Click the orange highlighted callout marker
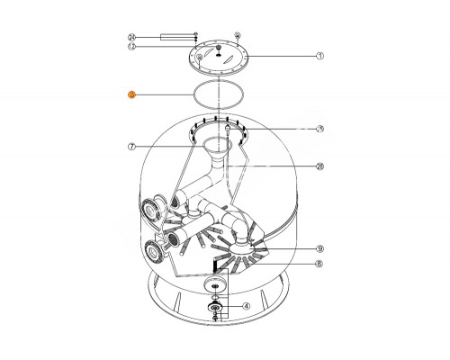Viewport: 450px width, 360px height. (x=131, y=94)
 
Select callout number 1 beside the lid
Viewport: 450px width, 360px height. (x=319, y=56)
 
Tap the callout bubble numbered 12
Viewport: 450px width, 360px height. (x=131, y=47)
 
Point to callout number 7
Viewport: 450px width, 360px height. (x=131, y=146)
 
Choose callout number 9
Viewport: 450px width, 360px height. (x=319, y=248)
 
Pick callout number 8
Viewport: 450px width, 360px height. (x=319, y=265)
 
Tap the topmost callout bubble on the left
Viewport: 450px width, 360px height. (x=131, y=37)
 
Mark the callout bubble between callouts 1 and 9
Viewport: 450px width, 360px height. (x=319, y=166)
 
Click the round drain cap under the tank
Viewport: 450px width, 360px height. (x=216, y=285)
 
